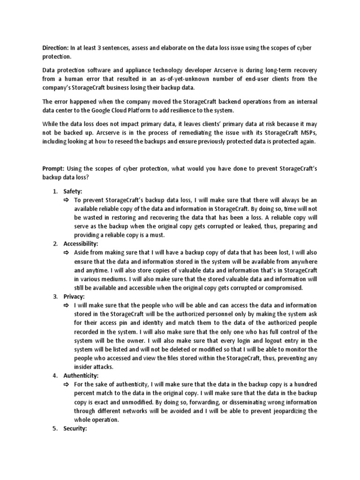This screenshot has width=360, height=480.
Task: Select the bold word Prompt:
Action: click(x=54, y=168)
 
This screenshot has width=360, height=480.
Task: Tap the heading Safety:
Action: click(x=73, y=191)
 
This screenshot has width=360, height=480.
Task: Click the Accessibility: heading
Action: click(x=81, y=244)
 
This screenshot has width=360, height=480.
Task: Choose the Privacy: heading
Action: click(x=74, y=296)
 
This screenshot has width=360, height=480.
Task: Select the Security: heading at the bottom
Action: click(x=75, y=428)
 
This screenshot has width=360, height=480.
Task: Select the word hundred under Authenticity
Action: click(x=305, y=384)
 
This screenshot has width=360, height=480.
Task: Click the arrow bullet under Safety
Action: click(x=66, y=201)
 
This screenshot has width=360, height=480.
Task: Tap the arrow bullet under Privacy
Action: click(x=66, y=306)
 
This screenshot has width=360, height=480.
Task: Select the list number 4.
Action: click(x=54, y=375)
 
